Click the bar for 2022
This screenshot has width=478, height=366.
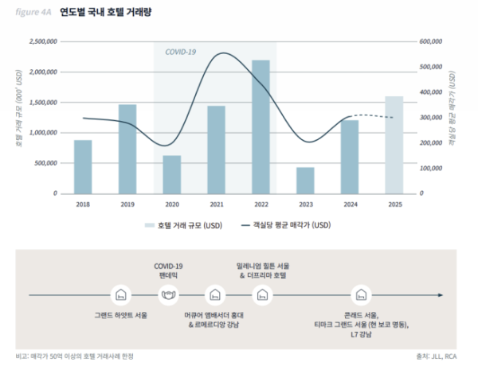261,127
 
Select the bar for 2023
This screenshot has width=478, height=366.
305,181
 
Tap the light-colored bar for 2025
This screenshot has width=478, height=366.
394,145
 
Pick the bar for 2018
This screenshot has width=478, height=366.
83,167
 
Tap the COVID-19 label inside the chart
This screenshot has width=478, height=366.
181,52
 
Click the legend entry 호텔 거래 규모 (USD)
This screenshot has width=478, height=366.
184,225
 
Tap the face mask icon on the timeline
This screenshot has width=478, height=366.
168,295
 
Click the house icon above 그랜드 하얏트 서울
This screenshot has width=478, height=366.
121,295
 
